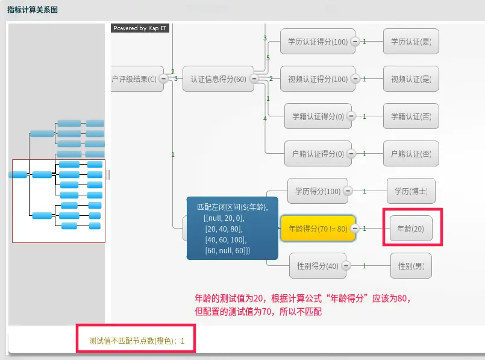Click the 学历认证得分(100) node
pyautogui.click(x=314, y=42)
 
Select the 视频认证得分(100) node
pyautogui.click(x=314, y=79)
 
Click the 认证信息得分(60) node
pyautogui.click(x=217, y=79)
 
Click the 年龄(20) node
pyautogui.click(x=411, y=229)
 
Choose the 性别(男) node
pyautogui.click(x=411, y=266)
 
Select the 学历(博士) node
pyautogui.click(x=411, y=191)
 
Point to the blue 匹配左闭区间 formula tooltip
pyautogui.click(x=232, y=229)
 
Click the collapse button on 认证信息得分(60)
pyautogui.click(x=254, y=79)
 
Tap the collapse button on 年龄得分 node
pyautogui.click(x=355, y=229)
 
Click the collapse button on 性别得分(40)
pyautogui.click(x=346, y=266)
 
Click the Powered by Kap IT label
pyautogui.click(x=140, y=28)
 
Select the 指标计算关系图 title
pyautogui.click(x=33, y=10)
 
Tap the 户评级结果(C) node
pyautogui.click(x=136, y=79)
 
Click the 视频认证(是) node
pyautogui.click(x=411, y=79)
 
